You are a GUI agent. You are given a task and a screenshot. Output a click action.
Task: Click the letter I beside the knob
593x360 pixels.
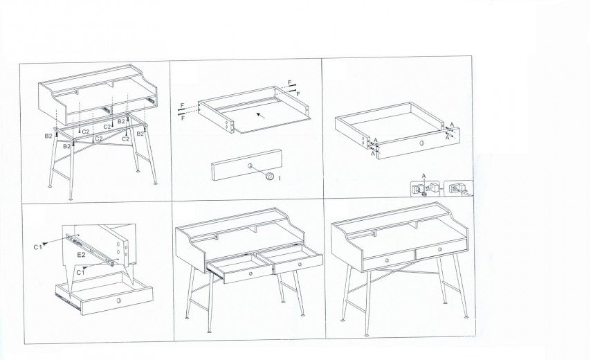(280, 177)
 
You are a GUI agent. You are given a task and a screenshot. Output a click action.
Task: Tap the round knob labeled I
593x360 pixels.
(271, 177)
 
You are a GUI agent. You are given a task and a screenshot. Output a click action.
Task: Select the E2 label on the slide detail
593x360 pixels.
(82, 255)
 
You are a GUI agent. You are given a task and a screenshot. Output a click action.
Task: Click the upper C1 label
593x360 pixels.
(37, 247)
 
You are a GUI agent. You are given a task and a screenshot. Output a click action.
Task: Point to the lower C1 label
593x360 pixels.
(80, 272)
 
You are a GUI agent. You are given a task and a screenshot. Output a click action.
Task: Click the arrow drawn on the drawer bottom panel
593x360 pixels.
(261, 115)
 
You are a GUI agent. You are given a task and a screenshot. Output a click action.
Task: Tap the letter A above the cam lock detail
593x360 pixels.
(424, 176)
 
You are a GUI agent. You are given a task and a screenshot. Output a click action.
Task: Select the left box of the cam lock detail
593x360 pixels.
(426, 188)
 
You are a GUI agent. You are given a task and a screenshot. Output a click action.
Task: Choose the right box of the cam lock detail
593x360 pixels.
(458, 188)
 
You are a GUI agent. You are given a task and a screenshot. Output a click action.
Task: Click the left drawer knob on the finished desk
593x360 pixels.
(387, 260)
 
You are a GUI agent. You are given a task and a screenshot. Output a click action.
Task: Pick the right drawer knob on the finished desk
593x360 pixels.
(440, 249)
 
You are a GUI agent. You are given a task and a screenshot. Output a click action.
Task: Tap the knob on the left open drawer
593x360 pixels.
(250, 273)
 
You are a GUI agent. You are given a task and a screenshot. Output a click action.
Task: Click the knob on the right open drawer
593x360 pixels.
(299, 264)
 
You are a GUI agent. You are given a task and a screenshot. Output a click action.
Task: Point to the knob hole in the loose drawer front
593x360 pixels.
(250, 165)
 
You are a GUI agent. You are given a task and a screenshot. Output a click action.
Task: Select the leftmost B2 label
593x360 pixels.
(48, 136)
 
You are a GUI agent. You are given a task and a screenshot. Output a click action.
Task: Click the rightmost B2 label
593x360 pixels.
(140, 133)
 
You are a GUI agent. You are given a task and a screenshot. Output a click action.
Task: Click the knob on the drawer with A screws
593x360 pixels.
(421, 143)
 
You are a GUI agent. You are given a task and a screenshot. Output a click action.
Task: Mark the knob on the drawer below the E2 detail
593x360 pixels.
(119, 300)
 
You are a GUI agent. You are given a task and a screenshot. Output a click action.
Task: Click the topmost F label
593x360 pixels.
(290, 82)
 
